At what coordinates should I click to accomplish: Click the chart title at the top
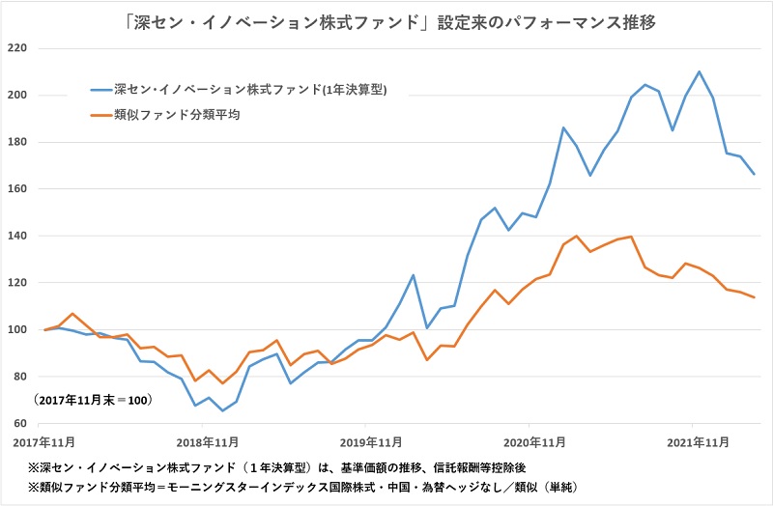[386, 19]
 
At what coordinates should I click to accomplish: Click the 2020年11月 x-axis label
[529, 441]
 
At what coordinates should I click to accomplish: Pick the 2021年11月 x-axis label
[692, 441]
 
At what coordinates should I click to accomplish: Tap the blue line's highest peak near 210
[699, 71]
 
